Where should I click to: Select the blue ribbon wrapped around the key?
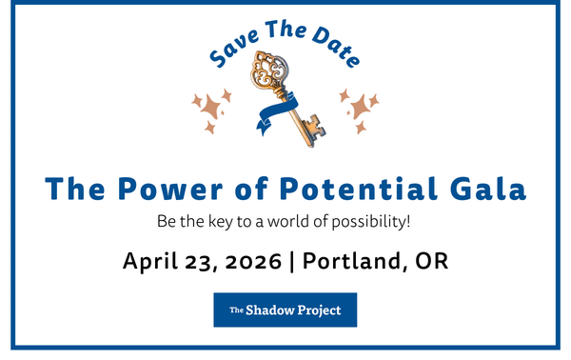tap(278, 112)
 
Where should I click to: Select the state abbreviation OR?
tap(431, 261)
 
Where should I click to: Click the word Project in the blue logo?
tap(320, 310)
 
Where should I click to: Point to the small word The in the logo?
tap(236, 310)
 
